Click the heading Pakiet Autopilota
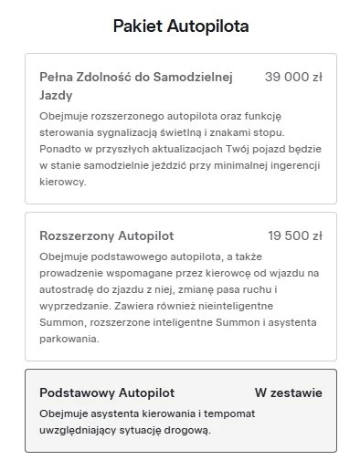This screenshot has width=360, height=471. (x=180, y=26)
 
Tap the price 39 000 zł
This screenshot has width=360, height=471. (x=293, y=78)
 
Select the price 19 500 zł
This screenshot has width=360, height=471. (x=294, y=235)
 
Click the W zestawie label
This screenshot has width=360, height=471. (x=288, y=392)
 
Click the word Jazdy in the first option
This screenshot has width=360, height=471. (x=56, y=95)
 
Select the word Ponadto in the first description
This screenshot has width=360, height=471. (x=60, y=149)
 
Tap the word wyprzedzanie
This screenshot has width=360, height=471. (x=72, y=306)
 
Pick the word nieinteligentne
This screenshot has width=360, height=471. (x=258, y=306)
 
